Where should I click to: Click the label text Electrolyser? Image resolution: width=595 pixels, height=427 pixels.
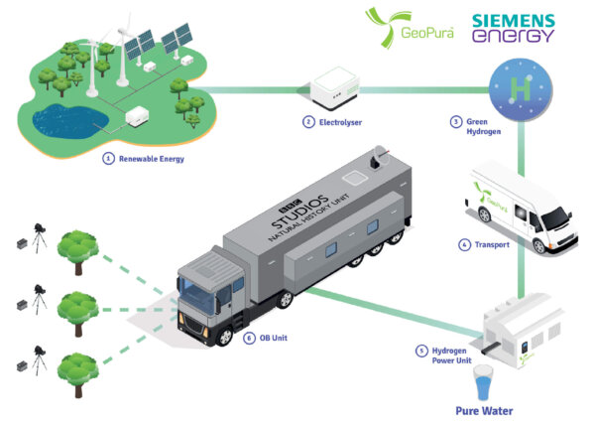pos(341,122)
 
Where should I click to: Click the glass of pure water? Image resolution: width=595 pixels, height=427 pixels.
pos(483,380)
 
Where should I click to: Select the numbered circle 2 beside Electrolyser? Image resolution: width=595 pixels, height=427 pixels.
pos(308,122)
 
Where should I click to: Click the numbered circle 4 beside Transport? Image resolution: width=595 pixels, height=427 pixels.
pos(464,244)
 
